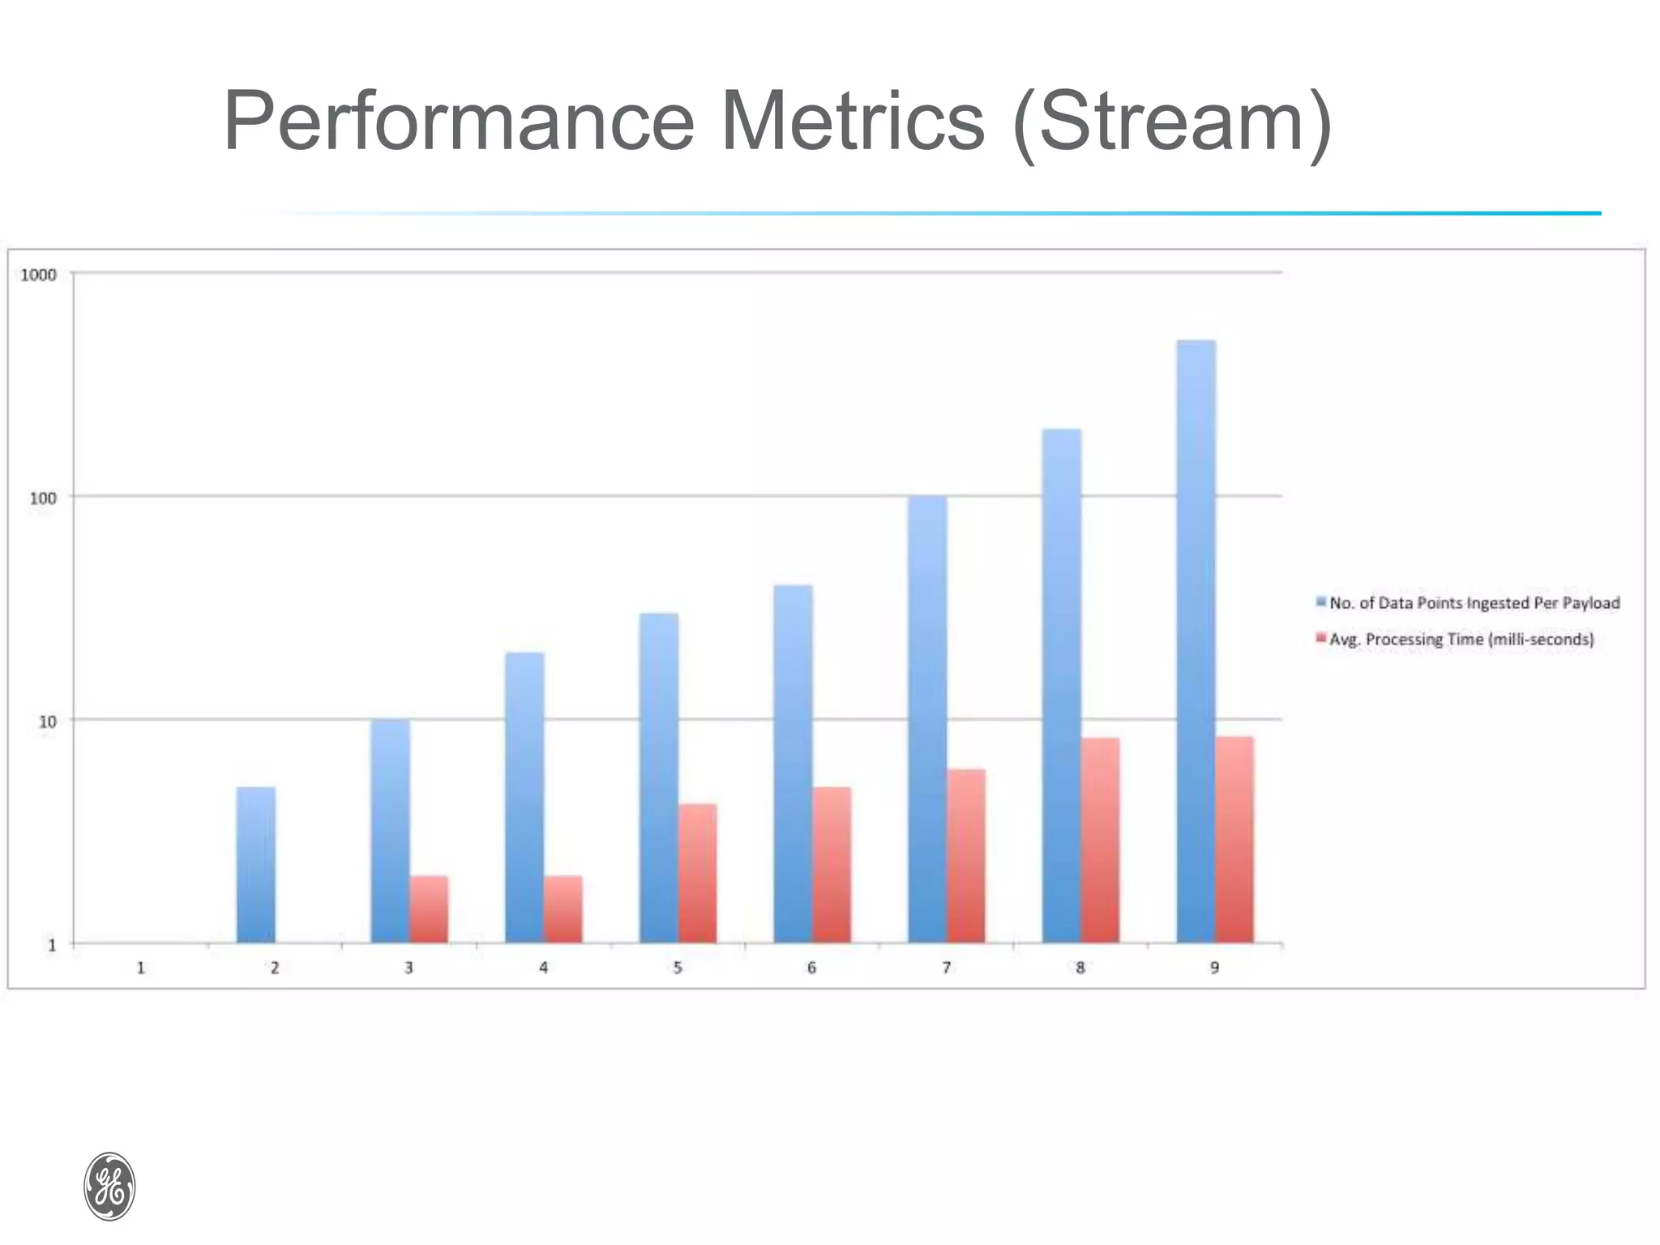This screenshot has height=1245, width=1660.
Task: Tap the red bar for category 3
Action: point(429,909)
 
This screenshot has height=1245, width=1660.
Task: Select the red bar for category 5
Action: point(698,873)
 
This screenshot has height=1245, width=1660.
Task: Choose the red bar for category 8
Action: point(1100,840)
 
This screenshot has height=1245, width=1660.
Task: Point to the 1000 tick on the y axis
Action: point(38,275)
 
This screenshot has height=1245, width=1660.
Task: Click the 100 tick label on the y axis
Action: point(43,498)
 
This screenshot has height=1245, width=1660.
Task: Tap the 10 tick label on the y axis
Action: point(48,721)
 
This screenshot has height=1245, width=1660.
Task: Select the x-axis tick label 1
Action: point(141,968)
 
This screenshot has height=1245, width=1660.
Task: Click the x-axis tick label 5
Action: point(678,968)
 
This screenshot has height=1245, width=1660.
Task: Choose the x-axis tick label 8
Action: point(1080,968)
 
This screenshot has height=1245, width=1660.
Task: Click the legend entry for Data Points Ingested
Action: point(1474,603)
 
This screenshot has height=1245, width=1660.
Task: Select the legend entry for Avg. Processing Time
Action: point(1461,640)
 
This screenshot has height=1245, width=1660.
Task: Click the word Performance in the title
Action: point(459,122)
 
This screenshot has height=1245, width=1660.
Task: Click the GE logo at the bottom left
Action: point(109,1186)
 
